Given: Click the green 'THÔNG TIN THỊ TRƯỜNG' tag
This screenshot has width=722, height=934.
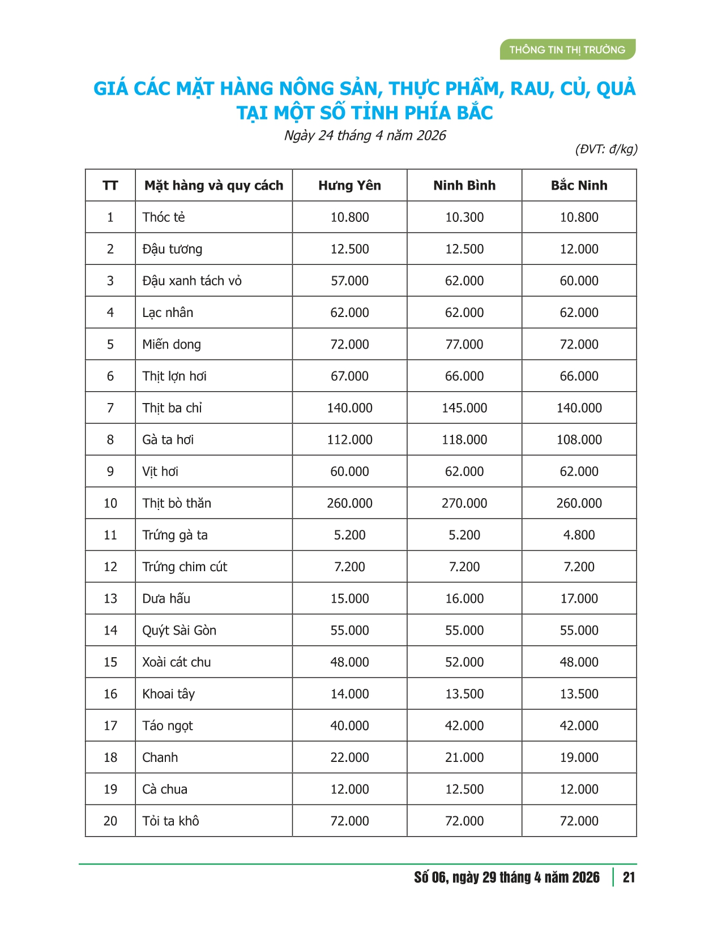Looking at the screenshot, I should click(567, 50).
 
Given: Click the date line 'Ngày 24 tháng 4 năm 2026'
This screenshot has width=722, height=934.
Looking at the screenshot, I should click(365, 136).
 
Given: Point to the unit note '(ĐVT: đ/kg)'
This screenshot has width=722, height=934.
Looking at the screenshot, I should click(606, 149).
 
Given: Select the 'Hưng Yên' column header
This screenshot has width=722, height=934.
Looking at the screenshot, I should click(349, 186).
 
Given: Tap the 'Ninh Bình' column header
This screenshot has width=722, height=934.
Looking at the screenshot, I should click(464, 186).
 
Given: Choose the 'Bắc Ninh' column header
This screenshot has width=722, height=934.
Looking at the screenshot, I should click(579, 186).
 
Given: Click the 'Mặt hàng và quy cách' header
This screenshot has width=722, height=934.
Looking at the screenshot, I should click(213, 186).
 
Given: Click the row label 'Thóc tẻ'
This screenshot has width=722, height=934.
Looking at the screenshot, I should click(164, 217).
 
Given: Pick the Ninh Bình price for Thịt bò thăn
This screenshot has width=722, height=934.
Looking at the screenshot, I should click(464, 503).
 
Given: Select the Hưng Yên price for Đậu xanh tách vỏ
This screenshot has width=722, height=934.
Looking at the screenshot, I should click(349, 281).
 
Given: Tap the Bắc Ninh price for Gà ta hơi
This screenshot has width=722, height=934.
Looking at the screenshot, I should click(579, 440).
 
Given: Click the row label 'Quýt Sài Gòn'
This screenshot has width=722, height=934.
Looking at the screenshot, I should click(179, 631).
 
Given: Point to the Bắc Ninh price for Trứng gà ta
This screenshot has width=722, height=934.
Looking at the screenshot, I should click(579, 535).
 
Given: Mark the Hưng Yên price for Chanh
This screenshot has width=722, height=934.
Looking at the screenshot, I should click(349, 757).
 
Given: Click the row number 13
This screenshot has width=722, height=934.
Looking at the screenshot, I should click(110, 599).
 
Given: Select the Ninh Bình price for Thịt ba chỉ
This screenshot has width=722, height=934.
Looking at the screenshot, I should click(464, 408).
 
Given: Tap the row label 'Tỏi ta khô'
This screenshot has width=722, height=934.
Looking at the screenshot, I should click(170, 821).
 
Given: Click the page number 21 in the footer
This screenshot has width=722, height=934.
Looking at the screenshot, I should click(629, 877).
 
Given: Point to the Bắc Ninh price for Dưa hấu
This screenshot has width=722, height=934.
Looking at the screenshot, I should click(579, 599).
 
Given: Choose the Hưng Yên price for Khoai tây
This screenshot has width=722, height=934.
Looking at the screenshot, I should click(349, 694).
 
